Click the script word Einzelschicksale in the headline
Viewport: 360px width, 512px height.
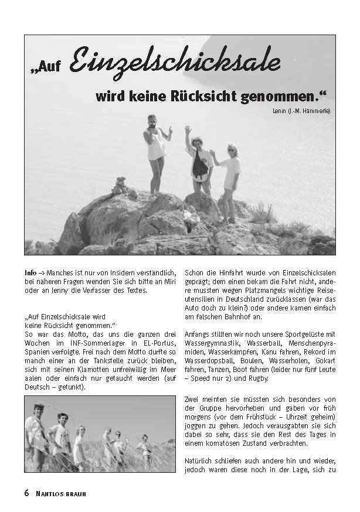click(x=175, y=63)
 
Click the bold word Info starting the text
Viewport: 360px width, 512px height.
click(x=30, y=273)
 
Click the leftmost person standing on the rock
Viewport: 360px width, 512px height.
click(x=156, y=152)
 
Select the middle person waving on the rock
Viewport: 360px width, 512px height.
click(x=198, y=161)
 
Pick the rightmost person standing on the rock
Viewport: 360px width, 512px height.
click(x=229, y=179)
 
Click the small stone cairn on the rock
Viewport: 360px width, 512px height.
click(x=120, y=186)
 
